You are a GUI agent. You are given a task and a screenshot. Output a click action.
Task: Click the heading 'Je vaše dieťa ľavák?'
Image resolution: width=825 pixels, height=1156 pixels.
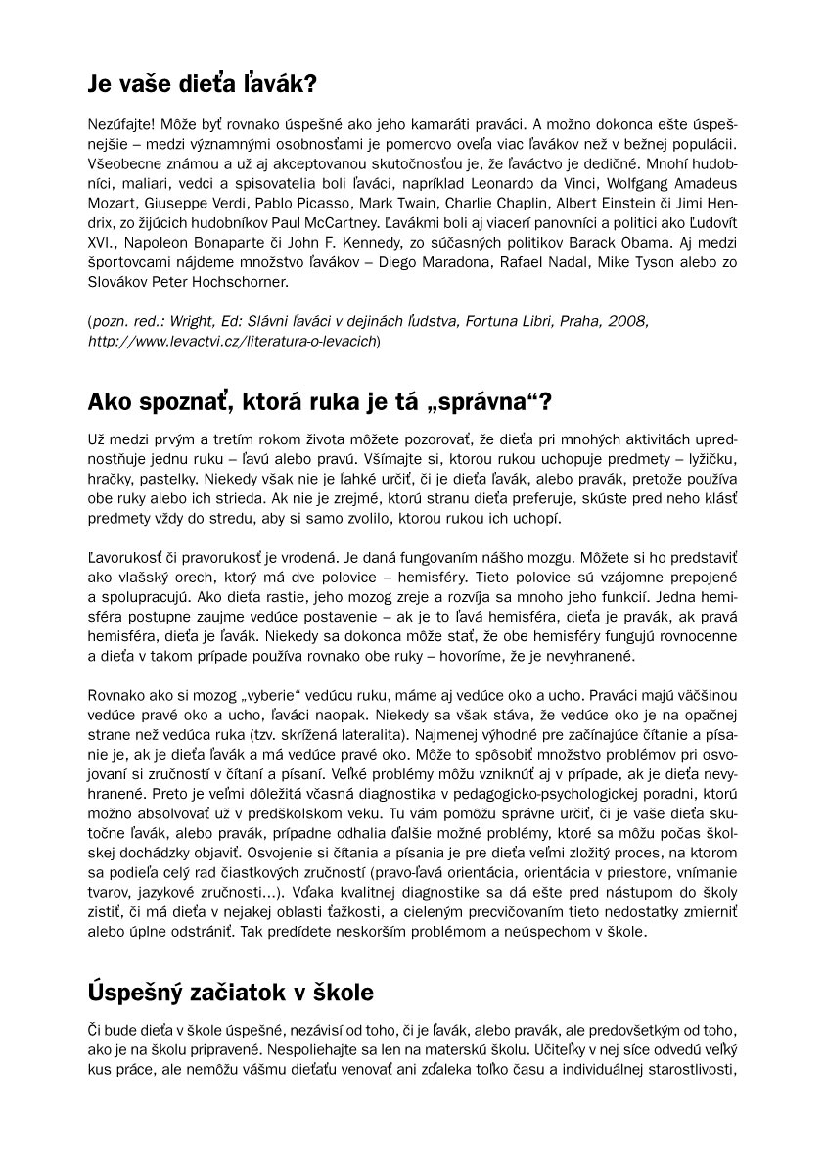point(202,84)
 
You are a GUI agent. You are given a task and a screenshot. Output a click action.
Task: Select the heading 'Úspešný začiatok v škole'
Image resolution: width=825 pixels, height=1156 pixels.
point(230,992)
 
